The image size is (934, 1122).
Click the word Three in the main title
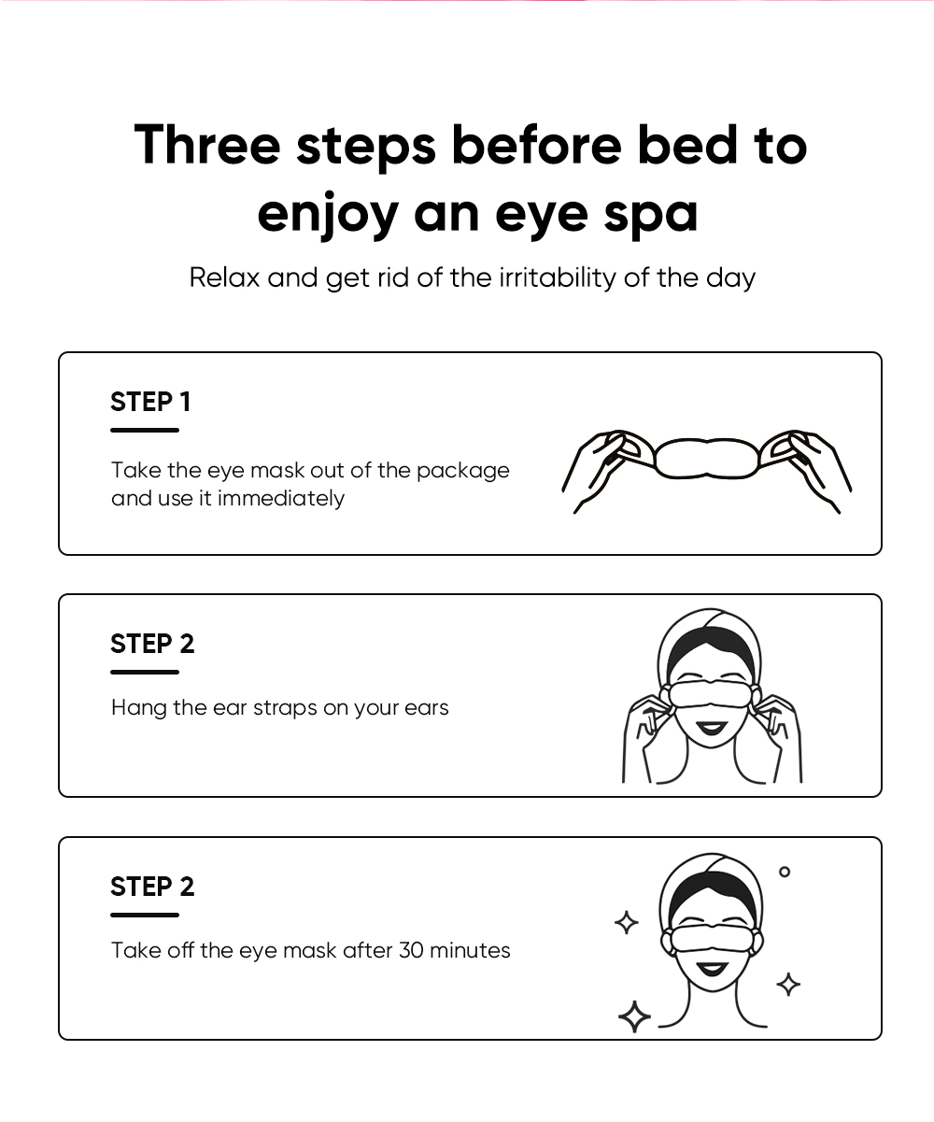(207, 144)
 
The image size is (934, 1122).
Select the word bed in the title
(687, 144)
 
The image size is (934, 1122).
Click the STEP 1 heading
(150, 402)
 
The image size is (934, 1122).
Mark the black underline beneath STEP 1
(145, 430)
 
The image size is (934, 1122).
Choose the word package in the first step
(462, 471)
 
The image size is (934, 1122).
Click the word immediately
(280, 499)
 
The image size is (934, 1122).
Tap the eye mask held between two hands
(707, 459)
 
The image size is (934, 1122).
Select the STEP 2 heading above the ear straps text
(152, 644)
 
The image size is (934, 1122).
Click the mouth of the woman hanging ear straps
(712, 729)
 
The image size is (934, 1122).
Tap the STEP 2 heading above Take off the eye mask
(152, 887)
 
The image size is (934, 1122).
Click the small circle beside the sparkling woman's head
(785, 872)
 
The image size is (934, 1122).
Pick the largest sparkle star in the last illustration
(635, 1016)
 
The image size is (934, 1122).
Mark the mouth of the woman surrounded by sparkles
(712, 970)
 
